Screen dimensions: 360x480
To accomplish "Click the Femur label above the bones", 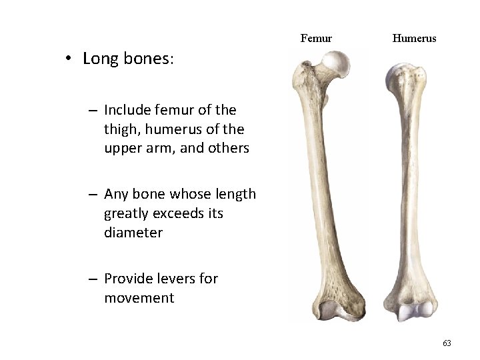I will [316, 38].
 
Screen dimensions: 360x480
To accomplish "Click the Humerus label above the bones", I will [414, 38].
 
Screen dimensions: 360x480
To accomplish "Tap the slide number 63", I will [447, 343].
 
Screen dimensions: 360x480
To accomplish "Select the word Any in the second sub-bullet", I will [116, 194].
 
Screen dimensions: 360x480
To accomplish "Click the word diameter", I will [133, 233].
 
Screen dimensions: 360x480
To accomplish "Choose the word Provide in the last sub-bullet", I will [130, 279].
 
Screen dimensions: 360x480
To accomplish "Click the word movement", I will [139, 298].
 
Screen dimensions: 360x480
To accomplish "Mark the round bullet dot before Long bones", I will [69, 58].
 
